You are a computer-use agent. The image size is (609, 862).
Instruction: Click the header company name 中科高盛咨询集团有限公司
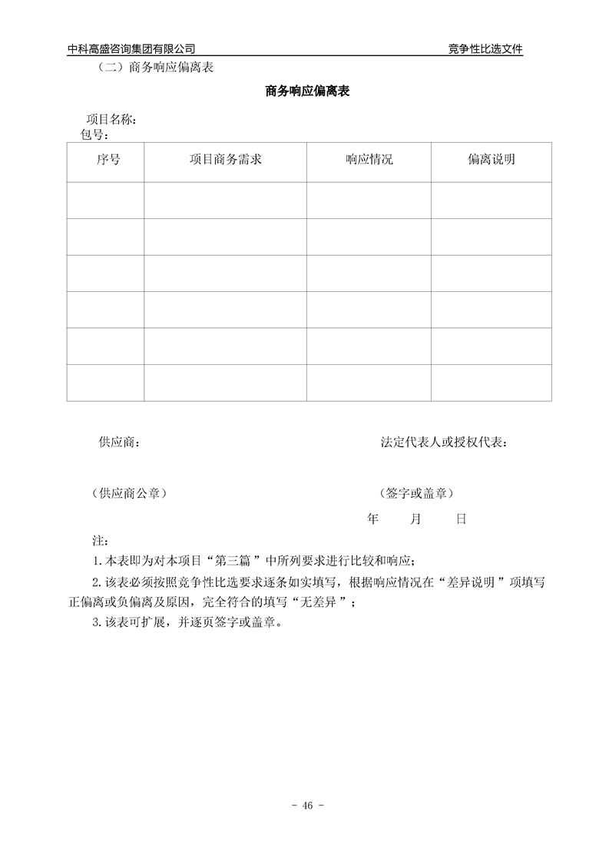137,49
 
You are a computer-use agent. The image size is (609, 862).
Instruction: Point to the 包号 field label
94,134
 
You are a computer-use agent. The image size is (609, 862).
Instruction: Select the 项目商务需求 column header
226,160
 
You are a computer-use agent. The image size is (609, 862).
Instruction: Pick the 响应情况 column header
369,160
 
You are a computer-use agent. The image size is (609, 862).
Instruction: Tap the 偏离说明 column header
492,160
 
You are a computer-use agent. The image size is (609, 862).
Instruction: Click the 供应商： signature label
119,442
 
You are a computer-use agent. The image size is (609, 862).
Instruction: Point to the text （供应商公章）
128,492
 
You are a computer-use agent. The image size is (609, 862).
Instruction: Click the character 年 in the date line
373,519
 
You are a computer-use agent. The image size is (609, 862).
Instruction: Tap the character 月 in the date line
415,519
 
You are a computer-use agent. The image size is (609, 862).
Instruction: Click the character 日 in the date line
461,519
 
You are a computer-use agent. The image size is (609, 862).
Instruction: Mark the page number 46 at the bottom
307,806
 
